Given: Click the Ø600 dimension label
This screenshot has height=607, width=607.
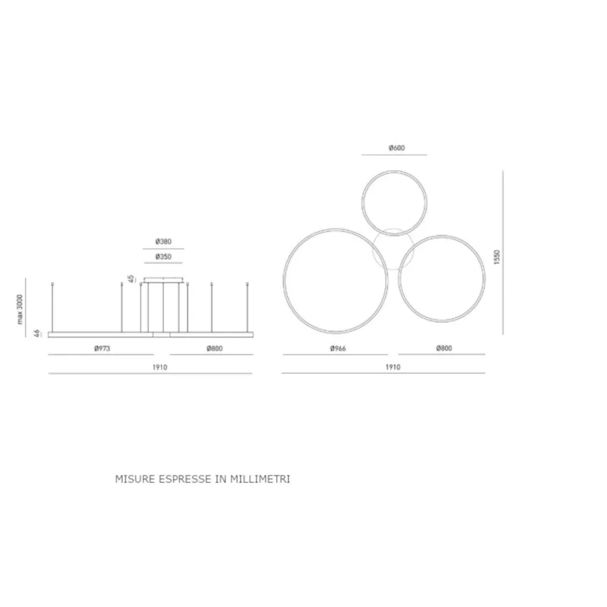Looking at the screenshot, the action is (x=397, y=148).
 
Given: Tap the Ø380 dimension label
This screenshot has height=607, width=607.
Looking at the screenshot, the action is (x=163, y=242).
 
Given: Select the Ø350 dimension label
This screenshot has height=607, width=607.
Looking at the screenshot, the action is (x=163, y=257).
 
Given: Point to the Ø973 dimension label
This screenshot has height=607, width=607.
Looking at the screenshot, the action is (x=102, y=348).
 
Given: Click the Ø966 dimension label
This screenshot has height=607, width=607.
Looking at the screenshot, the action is (x=338, y=348).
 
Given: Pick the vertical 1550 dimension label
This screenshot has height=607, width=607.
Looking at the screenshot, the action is (x=497, y=257).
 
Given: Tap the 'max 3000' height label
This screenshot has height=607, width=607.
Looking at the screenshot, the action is (x=20, y=310).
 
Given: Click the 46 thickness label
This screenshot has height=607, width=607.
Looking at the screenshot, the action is (x=37, y=333).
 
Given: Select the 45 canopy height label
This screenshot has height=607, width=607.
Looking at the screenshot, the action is (x=131, y=279).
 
